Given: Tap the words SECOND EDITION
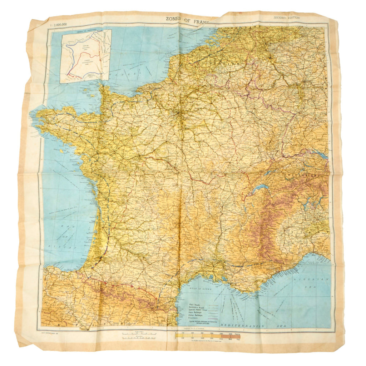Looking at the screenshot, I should [287, 18].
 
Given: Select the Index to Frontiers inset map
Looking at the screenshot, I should [86, 56].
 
